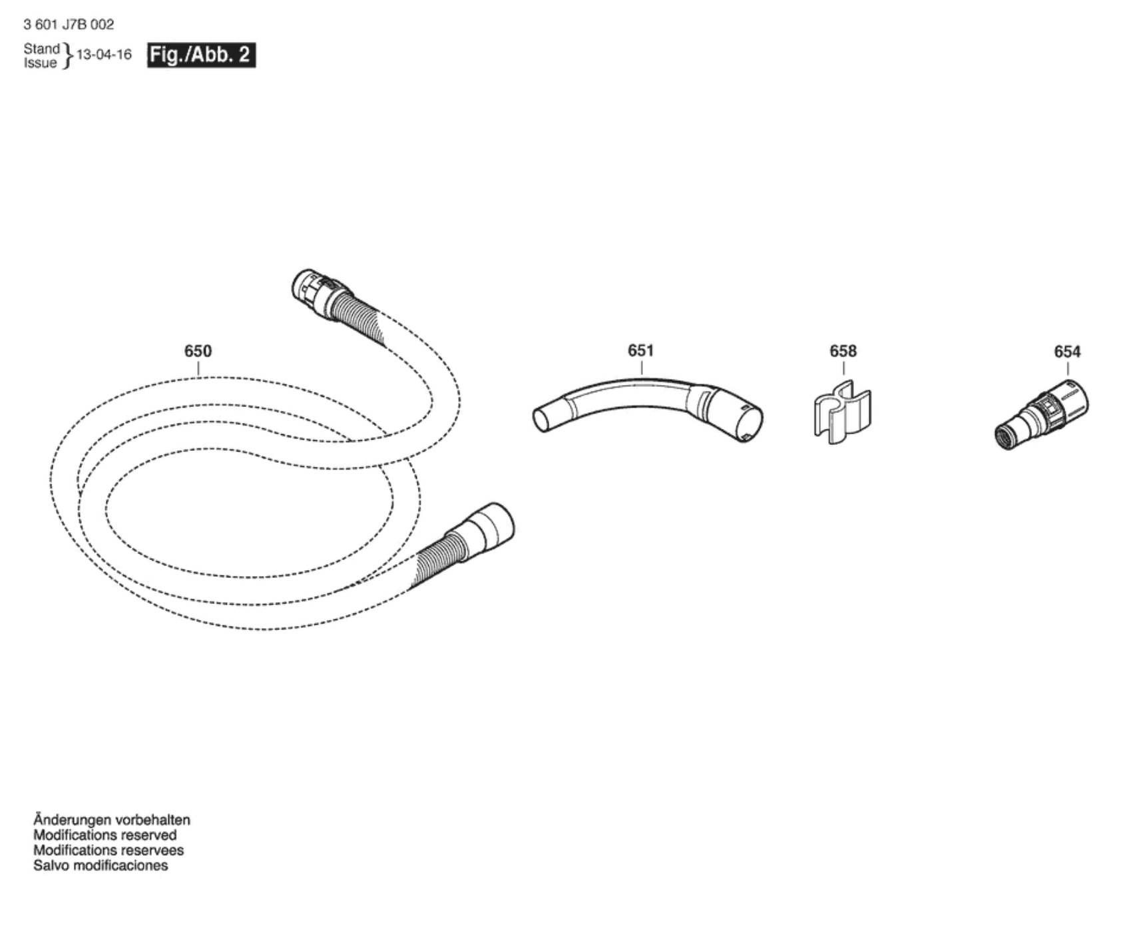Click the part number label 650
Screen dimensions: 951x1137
[x=198, y=351]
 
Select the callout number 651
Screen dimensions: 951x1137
[x=640, y=350]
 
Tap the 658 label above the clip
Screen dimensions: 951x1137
[x=843, y=351]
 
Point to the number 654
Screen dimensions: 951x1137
[x=1067, y=352]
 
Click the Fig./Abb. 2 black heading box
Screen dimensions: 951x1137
[x=201, y=55]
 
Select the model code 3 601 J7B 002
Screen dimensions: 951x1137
[x=69, y=25]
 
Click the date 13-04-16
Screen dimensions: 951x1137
[x=105, y=55]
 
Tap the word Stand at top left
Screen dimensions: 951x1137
[x=41, y=49]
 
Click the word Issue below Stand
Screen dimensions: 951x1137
[x=40, y=63]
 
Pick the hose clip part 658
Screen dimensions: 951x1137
[x=842, y=412]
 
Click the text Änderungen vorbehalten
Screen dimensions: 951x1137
[x=112, y=820]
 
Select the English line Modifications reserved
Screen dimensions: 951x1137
[x=105, y=835]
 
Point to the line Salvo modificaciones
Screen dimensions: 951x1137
[x=101, y=866]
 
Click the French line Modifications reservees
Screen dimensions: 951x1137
[x=109, y=850]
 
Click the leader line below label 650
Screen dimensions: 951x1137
[x=198, y=368]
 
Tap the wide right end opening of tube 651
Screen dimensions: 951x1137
[x=748, y=422]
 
